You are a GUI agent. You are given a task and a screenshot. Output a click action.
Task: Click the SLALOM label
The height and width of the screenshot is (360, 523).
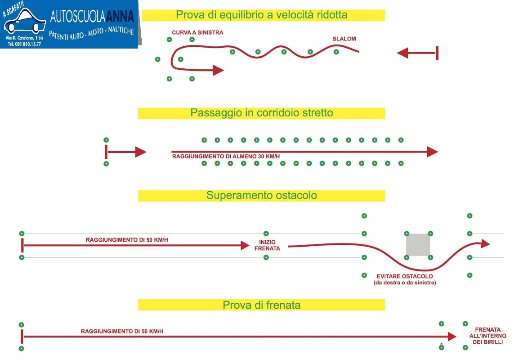[344, 39]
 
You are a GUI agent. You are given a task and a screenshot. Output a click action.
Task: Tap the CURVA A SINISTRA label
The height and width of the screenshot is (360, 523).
[197, 32]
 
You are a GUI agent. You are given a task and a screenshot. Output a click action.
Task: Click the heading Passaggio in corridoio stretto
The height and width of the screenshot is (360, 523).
[262, 113]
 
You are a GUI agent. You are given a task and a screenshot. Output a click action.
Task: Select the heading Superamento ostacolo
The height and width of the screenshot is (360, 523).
[262, 195]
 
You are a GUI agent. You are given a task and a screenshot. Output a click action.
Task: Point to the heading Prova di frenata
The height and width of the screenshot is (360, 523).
[262, 305]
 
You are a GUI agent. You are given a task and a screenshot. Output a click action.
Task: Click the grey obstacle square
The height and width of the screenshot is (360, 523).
[418, 245]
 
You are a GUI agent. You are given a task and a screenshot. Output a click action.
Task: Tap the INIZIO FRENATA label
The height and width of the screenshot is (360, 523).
[267, 245]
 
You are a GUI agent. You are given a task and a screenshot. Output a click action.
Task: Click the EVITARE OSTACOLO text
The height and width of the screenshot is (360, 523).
[405, 276]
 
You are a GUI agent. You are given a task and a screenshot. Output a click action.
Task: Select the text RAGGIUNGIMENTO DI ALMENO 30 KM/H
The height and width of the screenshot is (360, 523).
[226, 157]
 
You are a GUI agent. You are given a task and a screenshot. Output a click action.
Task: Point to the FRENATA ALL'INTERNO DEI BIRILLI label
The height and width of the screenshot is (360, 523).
[487, 336]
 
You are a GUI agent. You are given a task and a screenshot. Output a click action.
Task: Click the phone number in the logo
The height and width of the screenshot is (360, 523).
[24, 44]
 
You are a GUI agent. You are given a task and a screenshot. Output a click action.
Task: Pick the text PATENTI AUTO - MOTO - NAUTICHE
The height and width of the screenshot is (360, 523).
[91, 33]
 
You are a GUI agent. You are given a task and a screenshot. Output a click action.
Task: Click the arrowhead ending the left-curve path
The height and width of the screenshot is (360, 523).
[218, 70]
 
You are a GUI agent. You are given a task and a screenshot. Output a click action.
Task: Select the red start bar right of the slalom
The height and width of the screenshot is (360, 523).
[437, 53]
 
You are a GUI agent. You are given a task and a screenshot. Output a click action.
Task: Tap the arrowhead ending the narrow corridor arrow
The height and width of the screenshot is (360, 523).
[432, 152]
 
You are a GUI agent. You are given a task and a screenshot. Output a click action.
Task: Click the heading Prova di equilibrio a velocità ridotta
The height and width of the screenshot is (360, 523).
[262, 15]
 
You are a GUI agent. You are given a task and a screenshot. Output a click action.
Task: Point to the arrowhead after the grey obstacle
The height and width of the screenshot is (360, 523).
[485, 243]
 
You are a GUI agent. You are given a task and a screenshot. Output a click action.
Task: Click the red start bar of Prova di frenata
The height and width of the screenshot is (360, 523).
[22, 336]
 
